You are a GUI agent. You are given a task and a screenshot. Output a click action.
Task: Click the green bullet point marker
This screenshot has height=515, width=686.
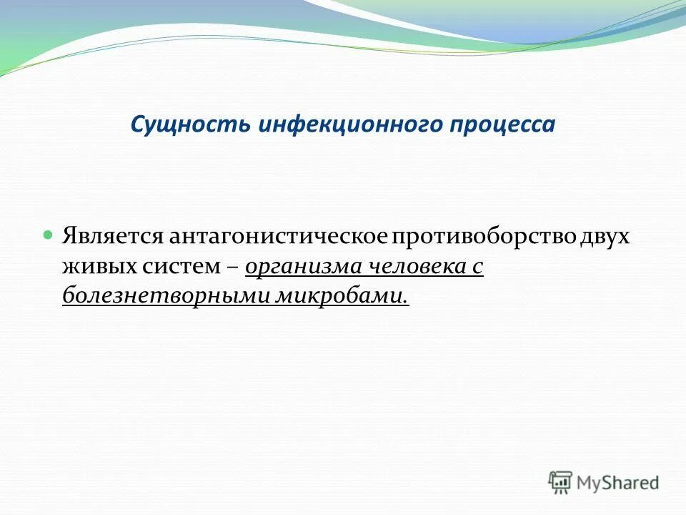pyautogui.click(x=49, y=235)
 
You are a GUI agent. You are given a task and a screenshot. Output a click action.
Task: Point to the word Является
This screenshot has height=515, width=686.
pyautogui.click(x=113, y=237)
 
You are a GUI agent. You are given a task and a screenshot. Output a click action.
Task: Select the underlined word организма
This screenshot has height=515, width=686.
pyautogui.click(x=304, y=267)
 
